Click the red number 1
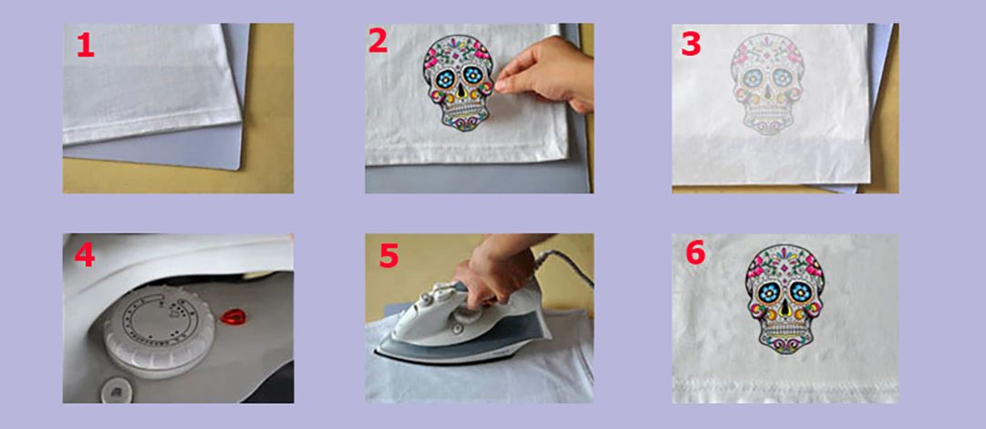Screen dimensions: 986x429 coord(86,46)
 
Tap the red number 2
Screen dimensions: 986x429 coord(378,41)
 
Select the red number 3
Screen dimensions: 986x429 coord(690,44)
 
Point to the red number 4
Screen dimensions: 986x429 coord(85,254)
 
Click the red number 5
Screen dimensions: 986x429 coord(389,256)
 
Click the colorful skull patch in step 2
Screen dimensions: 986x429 coord(460,83)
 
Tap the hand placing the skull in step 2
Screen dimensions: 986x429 coord(544,75)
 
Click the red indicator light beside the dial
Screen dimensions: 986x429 coord(232,316)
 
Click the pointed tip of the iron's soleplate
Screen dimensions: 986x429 coord(377,355)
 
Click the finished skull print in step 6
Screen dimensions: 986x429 coord(784,298)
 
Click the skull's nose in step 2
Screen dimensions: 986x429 coord(461,92)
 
